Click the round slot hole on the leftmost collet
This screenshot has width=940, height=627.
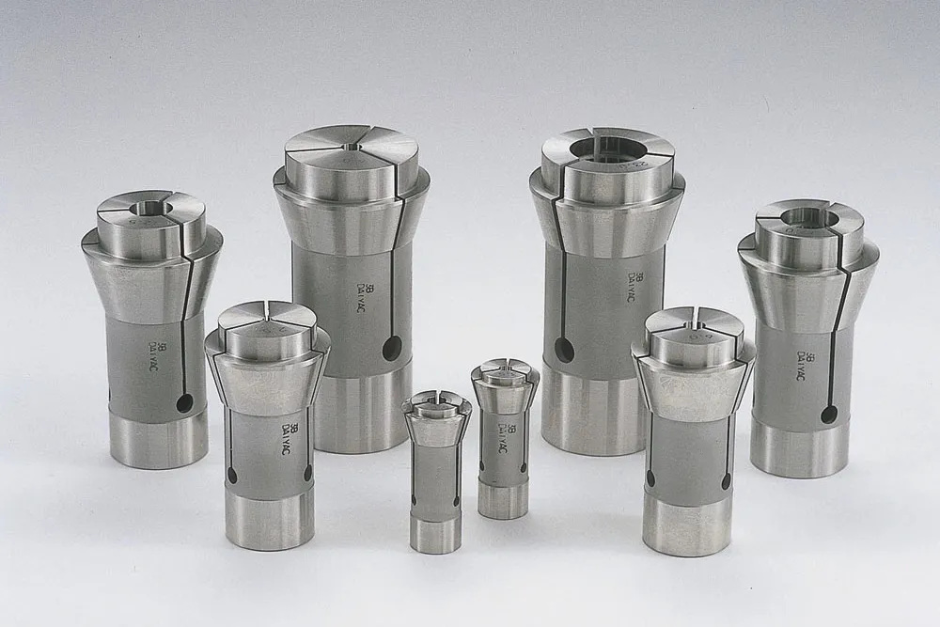(x=184, y=403)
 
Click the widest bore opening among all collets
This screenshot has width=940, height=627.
(x=607, y=148)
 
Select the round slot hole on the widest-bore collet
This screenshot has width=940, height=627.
(x=564, y=351)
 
